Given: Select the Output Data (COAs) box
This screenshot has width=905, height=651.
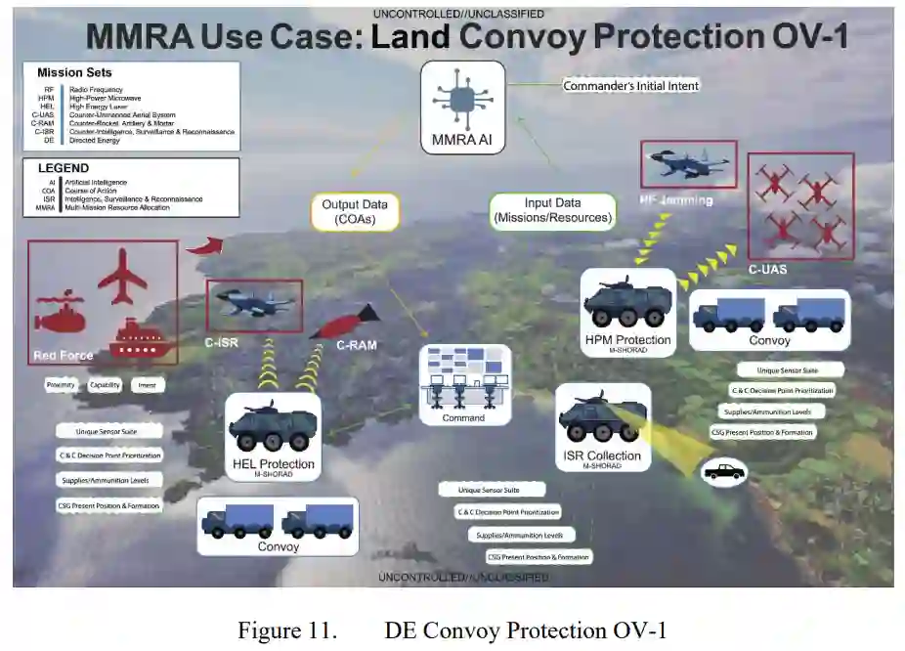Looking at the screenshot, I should [355, 211].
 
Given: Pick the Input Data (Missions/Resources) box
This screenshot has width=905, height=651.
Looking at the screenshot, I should [552, 210].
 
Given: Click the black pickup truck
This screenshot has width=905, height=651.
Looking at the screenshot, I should [724, 472].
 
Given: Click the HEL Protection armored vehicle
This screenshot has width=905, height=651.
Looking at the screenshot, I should [273, 427].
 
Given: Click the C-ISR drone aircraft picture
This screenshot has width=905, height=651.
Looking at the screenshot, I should [255, 302].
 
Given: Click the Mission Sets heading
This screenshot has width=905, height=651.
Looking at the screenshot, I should [74, 72].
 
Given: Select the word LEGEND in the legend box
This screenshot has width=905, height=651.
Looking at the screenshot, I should [65, 168].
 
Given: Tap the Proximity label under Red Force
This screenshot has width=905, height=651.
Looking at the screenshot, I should [61, 385].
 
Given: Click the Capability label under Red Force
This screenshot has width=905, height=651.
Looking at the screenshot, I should [106, 385].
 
